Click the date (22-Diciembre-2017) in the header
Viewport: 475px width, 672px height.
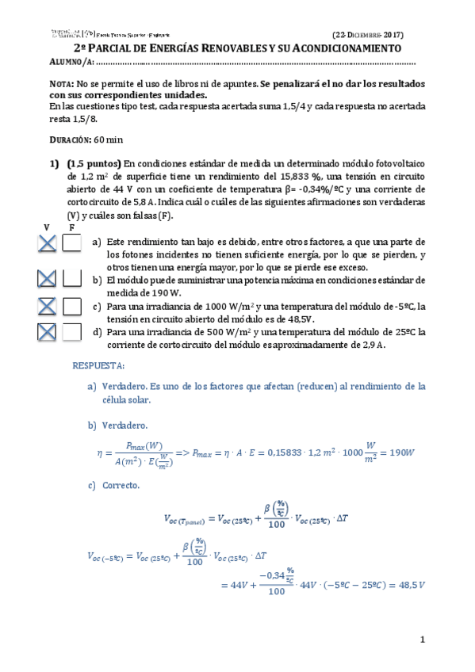click(x=368, y=35)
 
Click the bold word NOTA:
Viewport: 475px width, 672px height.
click(x=61, y=83)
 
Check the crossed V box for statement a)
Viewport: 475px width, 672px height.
click(x=47, y=245)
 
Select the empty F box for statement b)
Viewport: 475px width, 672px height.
click(x=72, y=279)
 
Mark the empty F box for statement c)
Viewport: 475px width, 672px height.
click(x=72, y=306)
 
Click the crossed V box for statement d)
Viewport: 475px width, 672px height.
click(x=47, y=333)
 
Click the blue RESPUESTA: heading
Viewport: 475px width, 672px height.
click(x=98, y=366)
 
